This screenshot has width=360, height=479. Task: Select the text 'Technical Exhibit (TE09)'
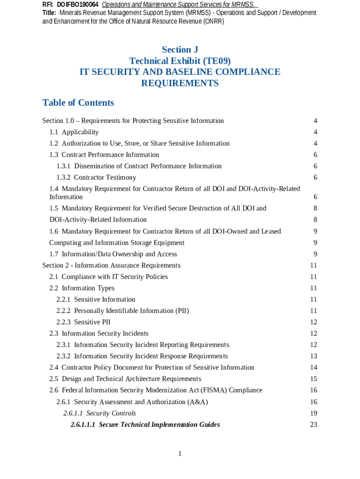point(180,61)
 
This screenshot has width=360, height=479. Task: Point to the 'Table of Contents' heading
point(78,103)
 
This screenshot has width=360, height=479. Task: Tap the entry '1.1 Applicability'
point(74,132)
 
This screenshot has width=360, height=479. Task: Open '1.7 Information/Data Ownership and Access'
point(113,254)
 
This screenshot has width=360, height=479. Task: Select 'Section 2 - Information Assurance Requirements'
point(111,266)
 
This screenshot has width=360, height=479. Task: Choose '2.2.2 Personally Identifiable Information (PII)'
point(122,311)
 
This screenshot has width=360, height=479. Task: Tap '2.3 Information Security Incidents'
point(99,334)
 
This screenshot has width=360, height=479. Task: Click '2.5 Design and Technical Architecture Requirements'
point(125,379)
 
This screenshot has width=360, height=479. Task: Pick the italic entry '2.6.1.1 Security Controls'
point(100,413)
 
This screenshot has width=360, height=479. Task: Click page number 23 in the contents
point(313,425)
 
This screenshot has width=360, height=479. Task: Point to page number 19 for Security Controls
point(313,413)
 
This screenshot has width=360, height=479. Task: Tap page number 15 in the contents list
point(313,379)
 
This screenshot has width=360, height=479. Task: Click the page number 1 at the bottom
point(180,454)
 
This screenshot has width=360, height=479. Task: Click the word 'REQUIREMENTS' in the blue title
point(180,83)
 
